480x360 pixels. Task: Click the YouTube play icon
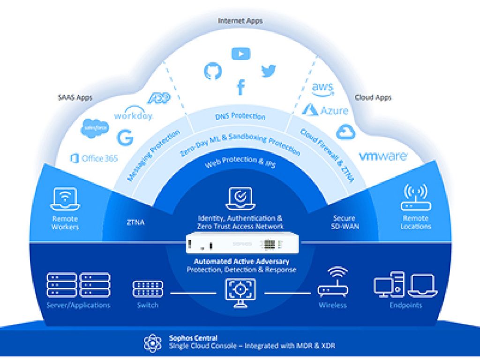tap(240, 54)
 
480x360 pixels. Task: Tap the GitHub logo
tap(212, 71)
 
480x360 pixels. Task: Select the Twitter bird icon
tap(269, 71)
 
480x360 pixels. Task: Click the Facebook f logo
tap(240, 87)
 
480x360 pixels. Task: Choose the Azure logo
tap(325, 111)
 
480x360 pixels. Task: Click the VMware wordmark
tap(383, 156)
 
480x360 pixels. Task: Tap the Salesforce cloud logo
tap(95, 128)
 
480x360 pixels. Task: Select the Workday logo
tap(133, 113)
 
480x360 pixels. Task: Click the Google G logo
tap(125, 138)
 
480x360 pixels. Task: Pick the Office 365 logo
tap(94, 158)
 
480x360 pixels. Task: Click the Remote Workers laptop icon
tap(65, 199)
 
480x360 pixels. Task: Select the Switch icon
tap(148, 289)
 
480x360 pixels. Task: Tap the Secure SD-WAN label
tap(344, 222)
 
